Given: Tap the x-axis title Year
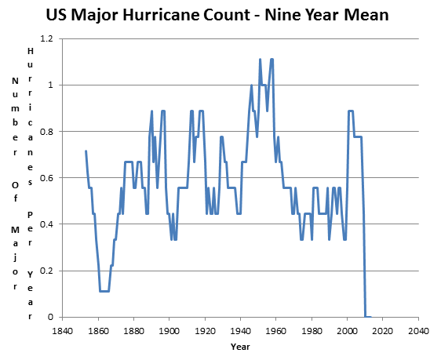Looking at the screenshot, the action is [240, 347].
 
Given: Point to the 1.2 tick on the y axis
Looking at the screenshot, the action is [46, 38].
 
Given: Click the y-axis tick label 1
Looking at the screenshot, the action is [50, 85].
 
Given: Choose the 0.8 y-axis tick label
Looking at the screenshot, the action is [46, 132].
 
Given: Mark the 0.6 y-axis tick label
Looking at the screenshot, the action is [46, 178].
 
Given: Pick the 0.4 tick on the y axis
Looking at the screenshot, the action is [46, 224].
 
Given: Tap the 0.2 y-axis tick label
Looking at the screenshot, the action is [46, 271].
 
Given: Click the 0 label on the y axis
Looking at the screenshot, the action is [50, 317].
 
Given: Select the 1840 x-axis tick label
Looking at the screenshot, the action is [63, 331].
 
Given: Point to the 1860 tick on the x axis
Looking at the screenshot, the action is [98, 331].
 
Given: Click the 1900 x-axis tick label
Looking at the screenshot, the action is [169, 331].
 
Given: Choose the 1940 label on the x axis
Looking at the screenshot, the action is [241, 331].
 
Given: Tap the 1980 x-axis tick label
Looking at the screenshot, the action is [312, 331].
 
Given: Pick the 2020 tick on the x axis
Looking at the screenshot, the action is [383, 331].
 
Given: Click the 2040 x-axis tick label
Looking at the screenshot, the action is [419, 331].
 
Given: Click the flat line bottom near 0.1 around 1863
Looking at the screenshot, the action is [104, 291].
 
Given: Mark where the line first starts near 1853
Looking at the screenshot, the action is [86, 151].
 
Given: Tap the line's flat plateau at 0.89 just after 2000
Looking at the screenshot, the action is [351, 111].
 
